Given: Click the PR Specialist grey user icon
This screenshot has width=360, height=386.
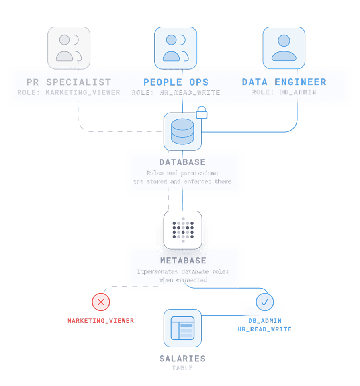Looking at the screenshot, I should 69,48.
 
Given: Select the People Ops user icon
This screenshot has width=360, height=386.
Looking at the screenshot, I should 176,48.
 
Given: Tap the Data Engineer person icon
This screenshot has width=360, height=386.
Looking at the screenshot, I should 284,48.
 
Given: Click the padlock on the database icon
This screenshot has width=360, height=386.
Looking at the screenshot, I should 202,113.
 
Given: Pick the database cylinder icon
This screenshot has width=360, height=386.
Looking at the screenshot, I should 182,131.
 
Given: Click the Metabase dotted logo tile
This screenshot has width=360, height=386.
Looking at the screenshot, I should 183,230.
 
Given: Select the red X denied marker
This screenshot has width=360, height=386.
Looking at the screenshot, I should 101,302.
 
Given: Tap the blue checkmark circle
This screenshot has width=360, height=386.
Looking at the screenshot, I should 265,302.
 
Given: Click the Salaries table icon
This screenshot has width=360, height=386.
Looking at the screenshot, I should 182,327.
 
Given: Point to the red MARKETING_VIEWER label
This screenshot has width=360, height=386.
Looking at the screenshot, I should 100,320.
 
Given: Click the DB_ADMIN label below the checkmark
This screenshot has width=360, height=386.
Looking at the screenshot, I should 265,320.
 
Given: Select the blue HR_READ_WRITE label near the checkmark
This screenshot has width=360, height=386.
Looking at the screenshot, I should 265,329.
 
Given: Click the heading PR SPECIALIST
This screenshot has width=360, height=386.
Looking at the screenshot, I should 69,82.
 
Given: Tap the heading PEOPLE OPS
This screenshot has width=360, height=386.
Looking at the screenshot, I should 176,82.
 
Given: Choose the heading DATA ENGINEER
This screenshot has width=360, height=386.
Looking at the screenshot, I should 284,82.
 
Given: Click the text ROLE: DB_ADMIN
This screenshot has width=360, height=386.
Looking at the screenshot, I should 284,92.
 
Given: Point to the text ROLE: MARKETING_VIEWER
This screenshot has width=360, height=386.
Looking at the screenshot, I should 69,92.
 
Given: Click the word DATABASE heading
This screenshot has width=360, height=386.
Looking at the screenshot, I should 182,162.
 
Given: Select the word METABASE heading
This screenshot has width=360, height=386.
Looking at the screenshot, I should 183,261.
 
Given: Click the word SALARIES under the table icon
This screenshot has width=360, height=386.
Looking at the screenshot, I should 182,359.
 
